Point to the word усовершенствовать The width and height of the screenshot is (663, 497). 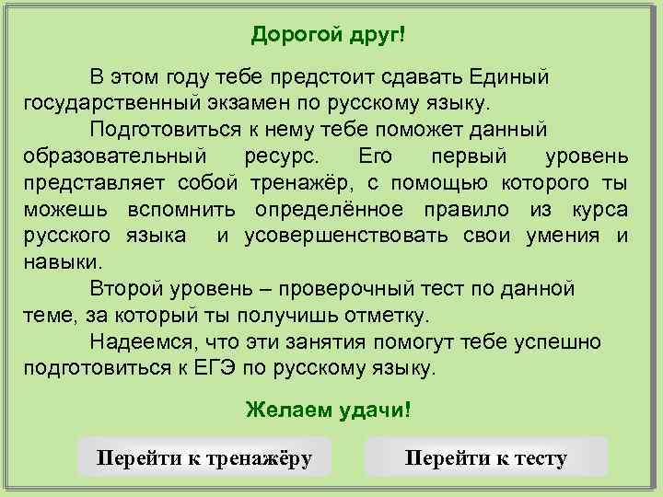(346, 237)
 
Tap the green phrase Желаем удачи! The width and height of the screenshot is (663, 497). (329, 409)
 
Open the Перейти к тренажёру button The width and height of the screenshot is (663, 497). (204, 457)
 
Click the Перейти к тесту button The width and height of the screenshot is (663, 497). (486, 457)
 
